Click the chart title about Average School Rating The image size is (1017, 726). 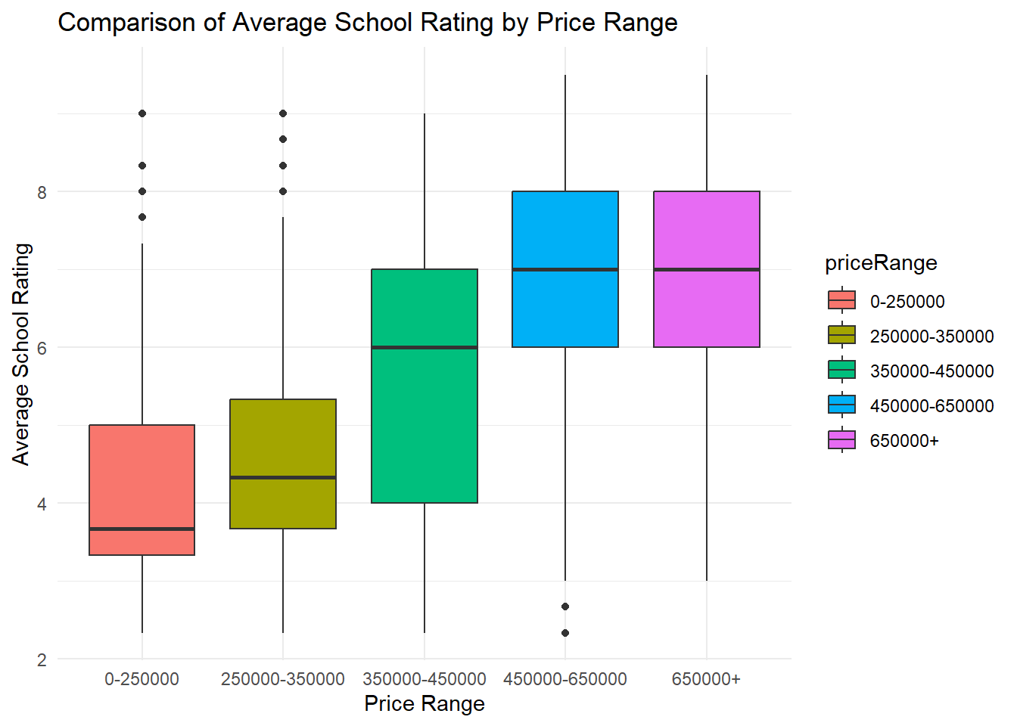(368, 22)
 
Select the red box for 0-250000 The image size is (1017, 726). (142, 490)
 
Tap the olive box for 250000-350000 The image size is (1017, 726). (283, 464)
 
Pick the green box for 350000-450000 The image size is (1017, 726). (425, 386)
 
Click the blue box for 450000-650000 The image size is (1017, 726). (565, 269)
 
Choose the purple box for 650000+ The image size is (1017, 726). (707, 269)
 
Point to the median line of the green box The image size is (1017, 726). (425, 347)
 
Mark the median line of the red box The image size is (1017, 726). (142, 529)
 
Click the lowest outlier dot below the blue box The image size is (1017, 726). (565, 633)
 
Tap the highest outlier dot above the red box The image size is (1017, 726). (142, 113)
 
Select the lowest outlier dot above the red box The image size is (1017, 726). (142, 217)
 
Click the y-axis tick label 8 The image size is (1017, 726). (42, 192)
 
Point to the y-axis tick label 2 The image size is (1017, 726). (42, 659)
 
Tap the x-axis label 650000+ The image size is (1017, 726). (706, 679)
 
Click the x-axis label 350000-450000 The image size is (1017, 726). (425, 679)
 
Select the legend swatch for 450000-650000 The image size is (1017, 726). (841, 405)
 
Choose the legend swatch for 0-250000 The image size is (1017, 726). (841, 300)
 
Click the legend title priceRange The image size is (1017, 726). (881, 263)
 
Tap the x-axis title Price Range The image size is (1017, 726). (425, 704)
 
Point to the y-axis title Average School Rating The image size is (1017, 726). (21, 355)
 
